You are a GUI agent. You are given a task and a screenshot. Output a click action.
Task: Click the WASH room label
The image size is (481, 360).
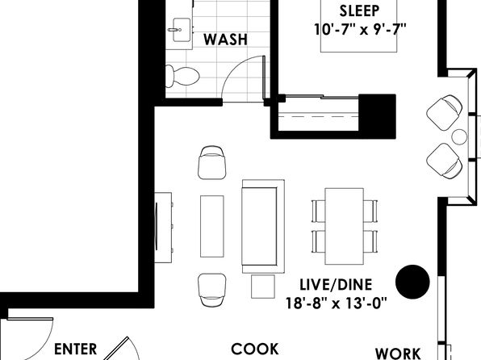coord(225,40)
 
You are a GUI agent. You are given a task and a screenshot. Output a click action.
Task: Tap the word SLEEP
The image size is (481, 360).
coord(359,11)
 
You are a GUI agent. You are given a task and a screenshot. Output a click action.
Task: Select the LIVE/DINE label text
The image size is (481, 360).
coord(336,284)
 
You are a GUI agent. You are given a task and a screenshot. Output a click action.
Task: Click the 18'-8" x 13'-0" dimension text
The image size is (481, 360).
coord(337,303)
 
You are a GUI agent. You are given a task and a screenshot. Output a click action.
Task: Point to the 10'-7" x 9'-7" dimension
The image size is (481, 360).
coord(360,30)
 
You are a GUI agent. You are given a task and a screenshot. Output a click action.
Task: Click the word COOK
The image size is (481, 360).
coord(254,350)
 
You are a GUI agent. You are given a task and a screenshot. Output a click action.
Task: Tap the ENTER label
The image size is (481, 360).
coord(76,350)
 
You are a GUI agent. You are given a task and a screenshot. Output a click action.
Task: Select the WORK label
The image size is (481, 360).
coord(398,354)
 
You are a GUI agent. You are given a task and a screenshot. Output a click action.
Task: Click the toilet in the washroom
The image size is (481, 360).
coord(182,76)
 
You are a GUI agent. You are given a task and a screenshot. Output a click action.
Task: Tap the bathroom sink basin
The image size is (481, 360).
coord(182,30)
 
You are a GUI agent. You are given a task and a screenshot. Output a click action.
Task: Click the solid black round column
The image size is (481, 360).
coord(412,282)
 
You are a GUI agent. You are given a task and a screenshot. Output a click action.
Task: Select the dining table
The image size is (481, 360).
coord(345,227)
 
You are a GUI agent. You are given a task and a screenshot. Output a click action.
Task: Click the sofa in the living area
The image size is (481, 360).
coord(263,227)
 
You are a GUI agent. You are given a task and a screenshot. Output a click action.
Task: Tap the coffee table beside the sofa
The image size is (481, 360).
coord(212,226)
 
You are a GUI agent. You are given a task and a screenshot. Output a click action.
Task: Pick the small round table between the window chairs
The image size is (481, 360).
coord(459,137)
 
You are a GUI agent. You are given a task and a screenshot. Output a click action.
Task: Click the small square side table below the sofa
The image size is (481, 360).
coord(263,287)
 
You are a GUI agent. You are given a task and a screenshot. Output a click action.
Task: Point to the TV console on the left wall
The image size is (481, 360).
coord(163,228)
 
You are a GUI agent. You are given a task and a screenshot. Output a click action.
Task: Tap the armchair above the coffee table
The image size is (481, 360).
coord(212,163)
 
